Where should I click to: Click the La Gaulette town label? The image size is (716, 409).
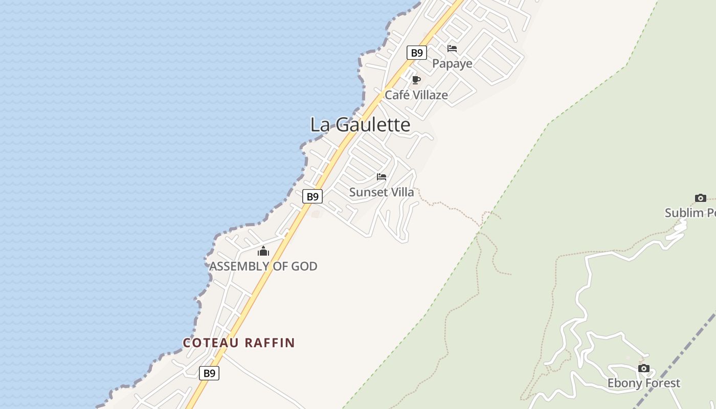pos(360,125)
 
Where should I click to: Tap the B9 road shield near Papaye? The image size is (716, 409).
pos(417,53)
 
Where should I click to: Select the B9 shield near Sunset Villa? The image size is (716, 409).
pos(312,196)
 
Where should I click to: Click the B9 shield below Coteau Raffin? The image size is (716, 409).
pos(209,373)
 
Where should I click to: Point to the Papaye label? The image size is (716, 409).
pos(452,63)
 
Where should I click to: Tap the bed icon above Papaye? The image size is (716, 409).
pos(452,49)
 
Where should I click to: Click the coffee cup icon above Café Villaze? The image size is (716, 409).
pos(416,80)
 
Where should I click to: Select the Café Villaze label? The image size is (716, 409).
pos(416,95)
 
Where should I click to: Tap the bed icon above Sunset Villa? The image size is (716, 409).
pos(382,177)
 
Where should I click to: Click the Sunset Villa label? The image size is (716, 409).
pos(382,192)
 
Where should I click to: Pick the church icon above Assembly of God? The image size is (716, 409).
pos(263,251)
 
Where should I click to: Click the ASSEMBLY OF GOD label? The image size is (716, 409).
pos(263,266)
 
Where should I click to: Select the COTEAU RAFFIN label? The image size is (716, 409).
pos(239,343)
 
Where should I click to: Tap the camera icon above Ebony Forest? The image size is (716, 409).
pos(644,368)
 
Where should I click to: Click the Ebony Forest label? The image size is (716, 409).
pos(644,383)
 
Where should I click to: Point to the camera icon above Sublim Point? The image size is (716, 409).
pos(701,198)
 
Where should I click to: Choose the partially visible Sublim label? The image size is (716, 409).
pos(690,213)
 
